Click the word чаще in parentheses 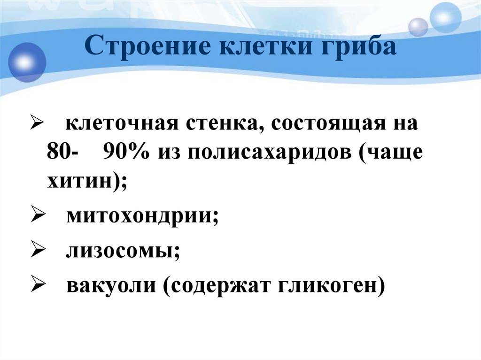coord(391,153)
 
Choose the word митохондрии coord(142,217)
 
